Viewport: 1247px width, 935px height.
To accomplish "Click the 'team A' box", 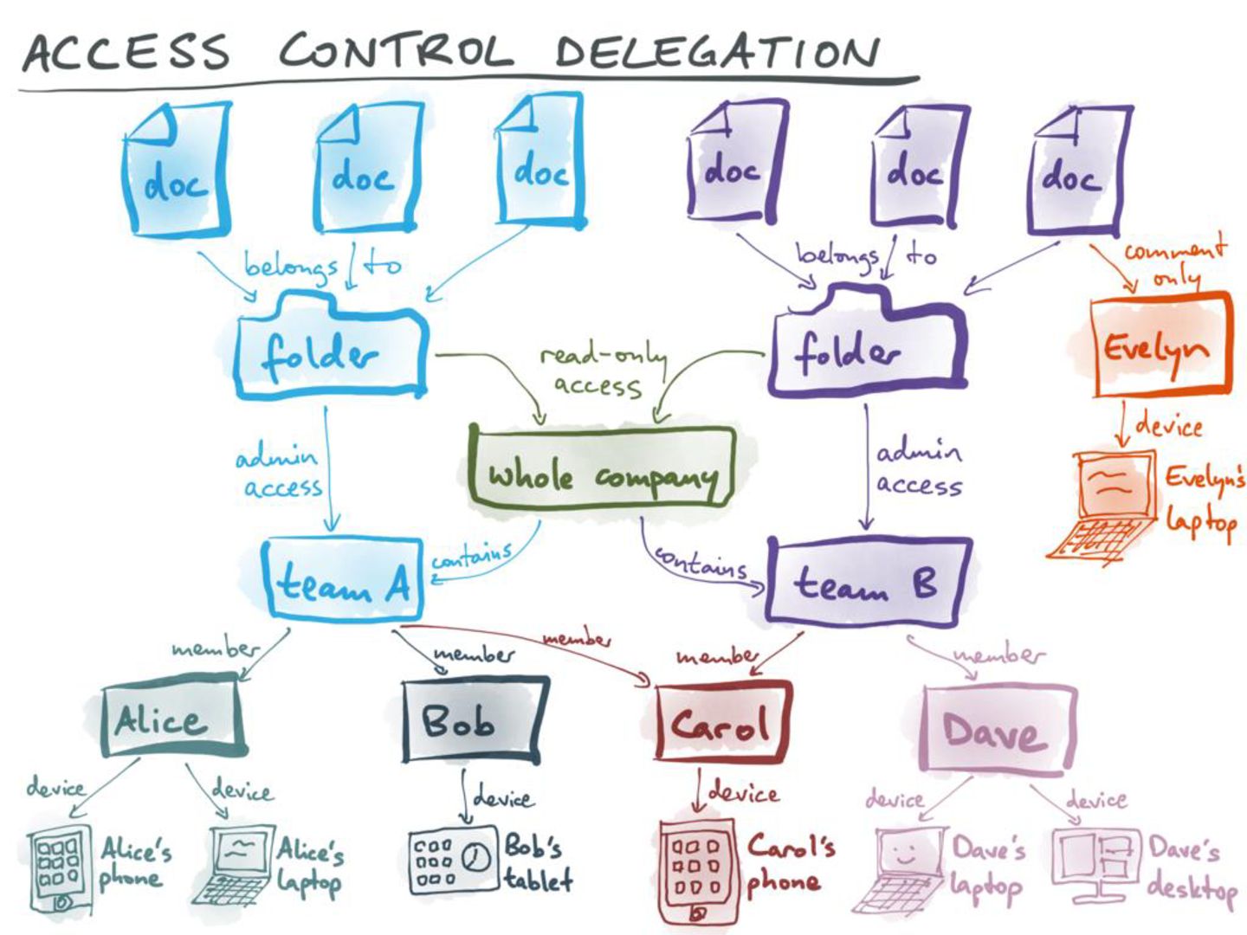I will [343, 579].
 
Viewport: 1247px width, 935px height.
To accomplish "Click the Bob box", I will [473, 721].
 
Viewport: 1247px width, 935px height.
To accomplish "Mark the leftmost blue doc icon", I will [176, 169].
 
